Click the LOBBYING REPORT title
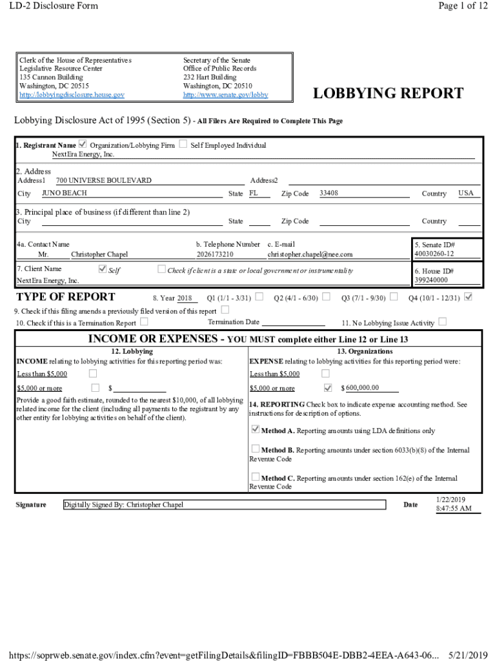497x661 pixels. [387, 94]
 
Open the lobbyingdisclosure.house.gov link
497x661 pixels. [72, 95]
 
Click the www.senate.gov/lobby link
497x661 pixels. [225, 95]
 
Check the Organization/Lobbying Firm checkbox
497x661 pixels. [82, 144]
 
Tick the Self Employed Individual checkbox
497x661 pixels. [183, 144]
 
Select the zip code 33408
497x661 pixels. [329, 193]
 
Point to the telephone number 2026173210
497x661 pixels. [215, 254]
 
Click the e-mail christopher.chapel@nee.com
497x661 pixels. [310, 254]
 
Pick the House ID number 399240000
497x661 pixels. [431, 280]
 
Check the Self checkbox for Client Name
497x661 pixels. [102, 269]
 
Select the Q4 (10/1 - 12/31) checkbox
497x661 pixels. [469, 297]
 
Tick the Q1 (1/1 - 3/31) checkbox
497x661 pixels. [259, 297]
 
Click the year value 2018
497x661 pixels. [185, 298]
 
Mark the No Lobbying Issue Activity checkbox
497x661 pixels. [442, 321]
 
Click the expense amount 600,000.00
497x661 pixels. [362, 388]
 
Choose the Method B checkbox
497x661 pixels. [256, 449]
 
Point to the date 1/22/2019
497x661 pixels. [451, 500]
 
